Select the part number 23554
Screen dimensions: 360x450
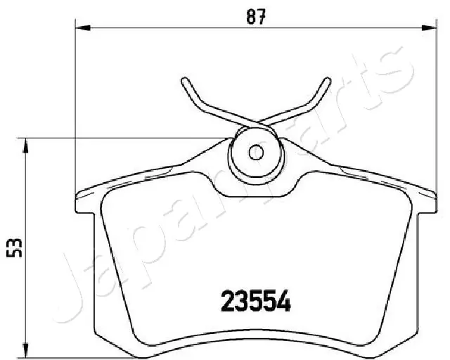tap(257, 302)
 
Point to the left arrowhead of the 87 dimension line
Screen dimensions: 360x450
tap(79, 28)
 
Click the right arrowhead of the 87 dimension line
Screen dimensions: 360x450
tap(432, 28)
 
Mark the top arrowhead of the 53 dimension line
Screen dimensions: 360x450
tap(26, 144)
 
